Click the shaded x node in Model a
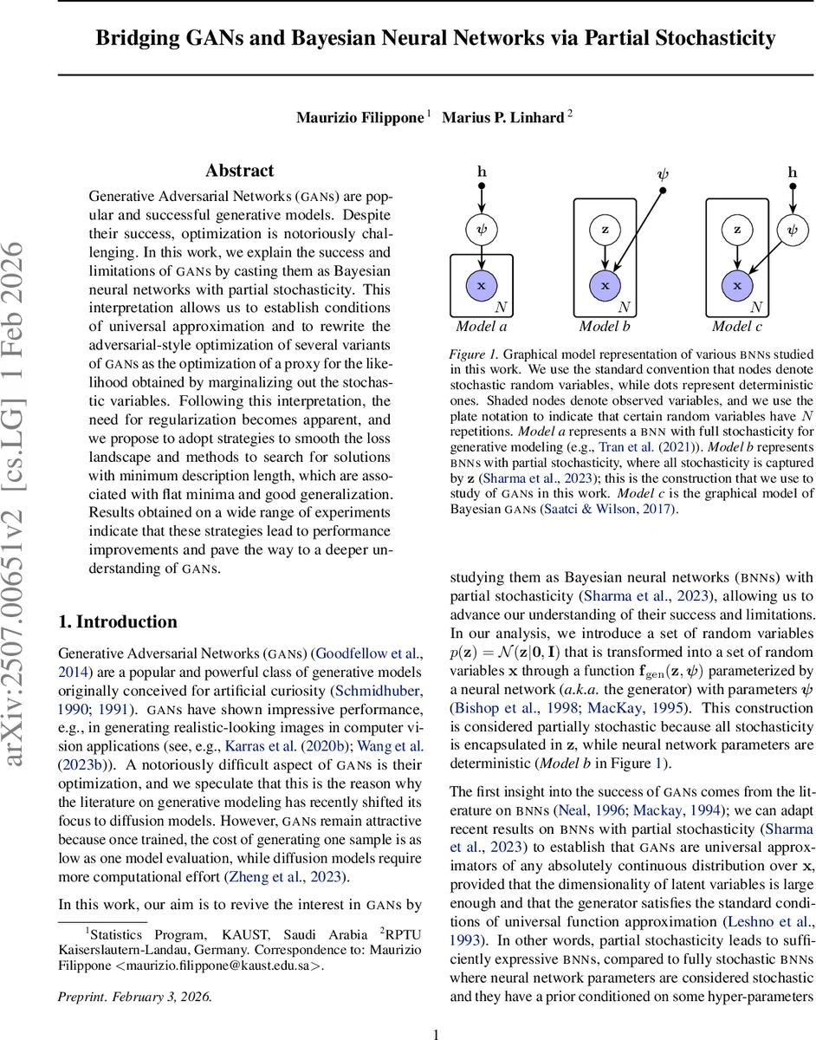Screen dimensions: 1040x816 [x=482, y=284]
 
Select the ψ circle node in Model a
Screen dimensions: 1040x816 [x=482, y=231]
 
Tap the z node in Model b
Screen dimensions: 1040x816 [x=606, y=231]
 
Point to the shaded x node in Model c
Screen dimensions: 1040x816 [x=737, y=284]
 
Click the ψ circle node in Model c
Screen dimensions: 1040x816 [x=792, y=231]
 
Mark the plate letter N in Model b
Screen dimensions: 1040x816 [x=625, y=308]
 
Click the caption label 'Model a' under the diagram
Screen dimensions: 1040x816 [x=482, y=327]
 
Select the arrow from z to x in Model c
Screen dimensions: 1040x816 [x=737, y=257]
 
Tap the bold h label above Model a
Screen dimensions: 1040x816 [x=482, y=172]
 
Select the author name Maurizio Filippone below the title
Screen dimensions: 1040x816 [x=359, y=117]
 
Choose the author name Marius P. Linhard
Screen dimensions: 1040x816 [x=503, y=117]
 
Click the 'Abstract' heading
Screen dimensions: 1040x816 [x=239, y=171]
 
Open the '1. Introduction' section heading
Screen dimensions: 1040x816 [x=117, y=621]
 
